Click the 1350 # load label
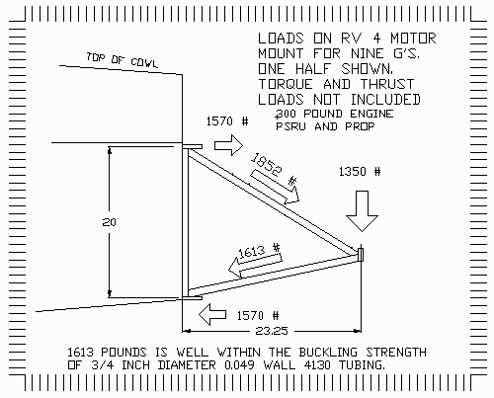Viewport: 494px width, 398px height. coord(360,172)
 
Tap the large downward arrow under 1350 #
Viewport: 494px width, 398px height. coord(362,211)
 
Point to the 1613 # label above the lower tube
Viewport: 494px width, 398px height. coord(259,251)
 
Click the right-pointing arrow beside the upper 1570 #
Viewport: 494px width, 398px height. coord(228,145)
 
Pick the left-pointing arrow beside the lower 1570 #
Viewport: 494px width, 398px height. coord(212,315)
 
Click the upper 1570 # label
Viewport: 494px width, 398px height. coord(227,121)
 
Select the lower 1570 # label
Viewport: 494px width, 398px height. coord(258,316)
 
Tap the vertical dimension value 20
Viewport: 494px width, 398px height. coord(109,222)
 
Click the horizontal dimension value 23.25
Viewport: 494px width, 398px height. coord(272,331)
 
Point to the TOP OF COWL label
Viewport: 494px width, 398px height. coord(123,60)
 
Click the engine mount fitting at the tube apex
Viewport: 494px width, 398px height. coord(361,255)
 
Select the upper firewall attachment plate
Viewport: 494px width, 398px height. coord(193,146)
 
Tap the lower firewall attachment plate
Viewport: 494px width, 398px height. coord(193,297)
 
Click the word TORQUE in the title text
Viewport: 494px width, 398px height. coord(286,84)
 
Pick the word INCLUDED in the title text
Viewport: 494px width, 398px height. coord(385,100)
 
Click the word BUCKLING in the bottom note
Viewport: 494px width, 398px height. coord(328,353)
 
